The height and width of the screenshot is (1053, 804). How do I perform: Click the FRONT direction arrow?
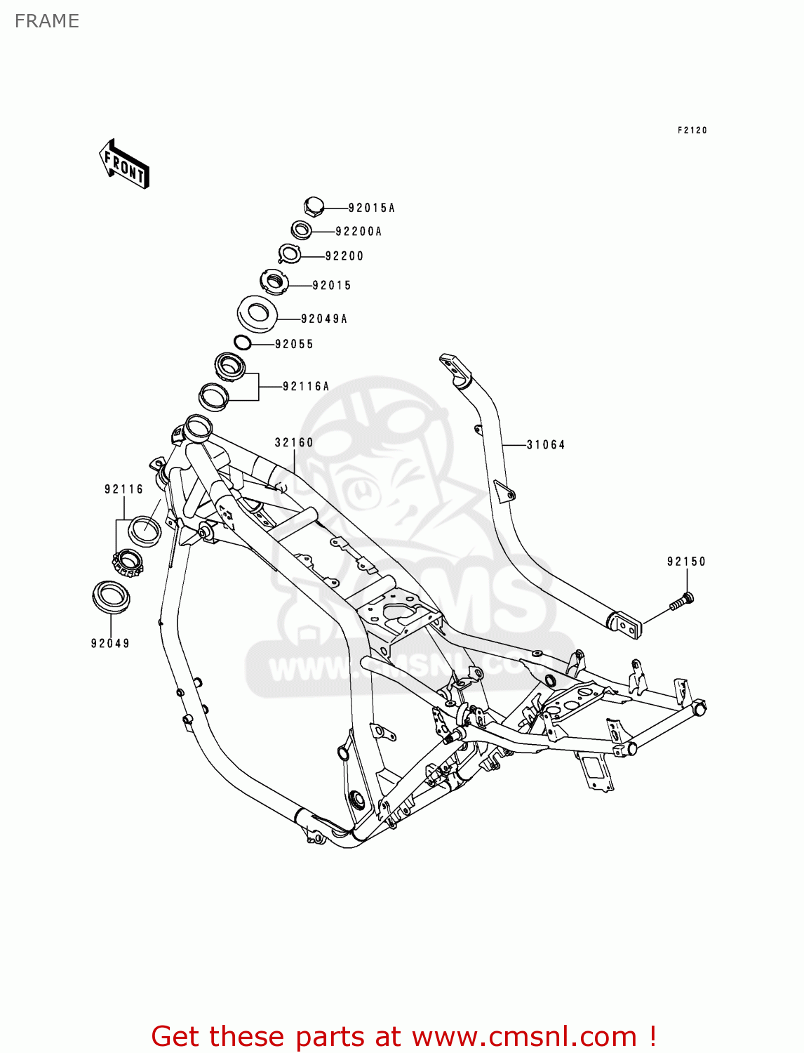click(124, 164)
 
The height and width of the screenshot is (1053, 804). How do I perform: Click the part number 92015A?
click(371, 208)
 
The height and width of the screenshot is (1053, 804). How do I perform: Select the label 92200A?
click(358, 232)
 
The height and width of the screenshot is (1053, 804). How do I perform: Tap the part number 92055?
click(294, 344)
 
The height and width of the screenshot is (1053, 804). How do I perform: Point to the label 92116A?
click(306, 386)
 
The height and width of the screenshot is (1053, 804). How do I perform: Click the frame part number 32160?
click(294, 442)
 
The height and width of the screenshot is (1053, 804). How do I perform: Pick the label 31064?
click(545, 444)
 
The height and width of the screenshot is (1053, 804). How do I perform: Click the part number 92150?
click(685, 562)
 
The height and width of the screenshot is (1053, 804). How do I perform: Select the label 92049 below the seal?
click(110, 643)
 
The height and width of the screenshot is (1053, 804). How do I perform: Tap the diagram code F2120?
click(692, 131)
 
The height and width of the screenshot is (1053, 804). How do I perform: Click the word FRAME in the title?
click(47, 21)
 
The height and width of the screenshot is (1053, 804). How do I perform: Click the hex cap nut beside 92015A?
click(314, 206)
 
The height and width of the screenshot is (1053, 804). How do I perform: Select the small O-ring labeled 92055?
click(243, 343)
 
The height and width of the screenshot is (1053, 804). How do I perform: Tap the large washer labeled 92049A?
click(257, 313)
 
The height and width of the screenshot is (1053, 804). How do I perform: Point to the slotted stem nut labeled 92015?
click(274, 282)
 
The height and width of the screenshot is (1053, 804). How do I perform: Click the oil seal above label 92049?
click(111, 597)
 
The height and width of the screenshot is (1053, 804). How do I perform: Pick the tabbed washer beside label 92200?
click(290, 253)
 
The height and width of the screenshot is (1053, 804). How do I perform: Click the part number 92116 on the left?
click(123, 489)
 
